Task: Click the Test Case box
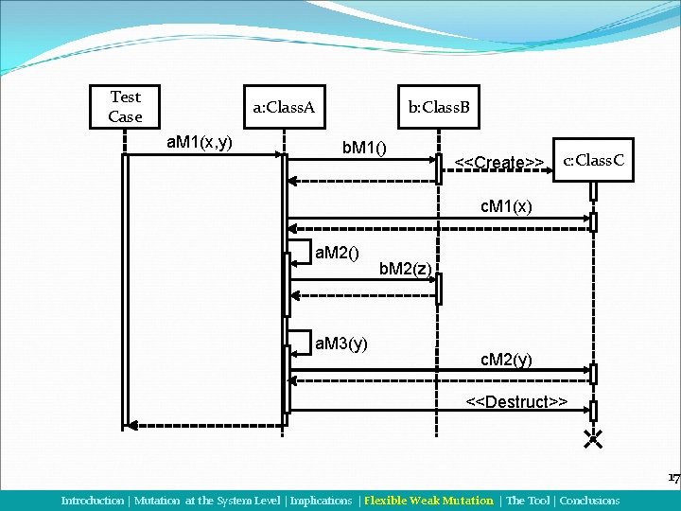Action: pyautogui.click(x=126, y=107)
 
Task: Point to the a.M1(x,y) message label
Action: pyautogui.click(x=200, y=143)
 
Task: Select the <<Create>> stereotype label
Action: pyautogui.click(x=498, y=163)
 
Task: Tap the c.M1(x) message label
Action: pyautogui.click(x=507, y=205)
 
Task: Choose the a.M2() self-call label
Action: pyautogui.click(x=337, y=253)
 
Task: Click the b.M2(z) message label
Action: pyautogui.click(x=405, y=270)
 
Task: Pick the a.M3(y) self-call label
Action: pyautogui.click(x=340, y=343)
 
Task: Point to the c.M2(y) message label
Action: pyautogui.click(x=507, y=360)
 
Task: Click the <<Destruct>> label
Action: pyautogui.click(x=516, y=402)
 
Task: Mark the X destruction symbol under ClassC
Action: pyautogui.click(x=593, y=438)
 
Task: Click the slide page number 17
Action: pyautogui.click(x=673, y=479)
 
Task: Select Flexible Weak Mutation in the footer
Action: pyautogui.click(x=428, y=501)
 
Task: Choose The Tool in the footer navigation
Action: pyautogui.click(x=528, y=501)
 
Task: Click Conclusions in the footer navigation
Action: pyautogui.click(x=588, y=501)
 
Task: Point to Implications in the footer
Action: pyautogui.click(x=321, y=501)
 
